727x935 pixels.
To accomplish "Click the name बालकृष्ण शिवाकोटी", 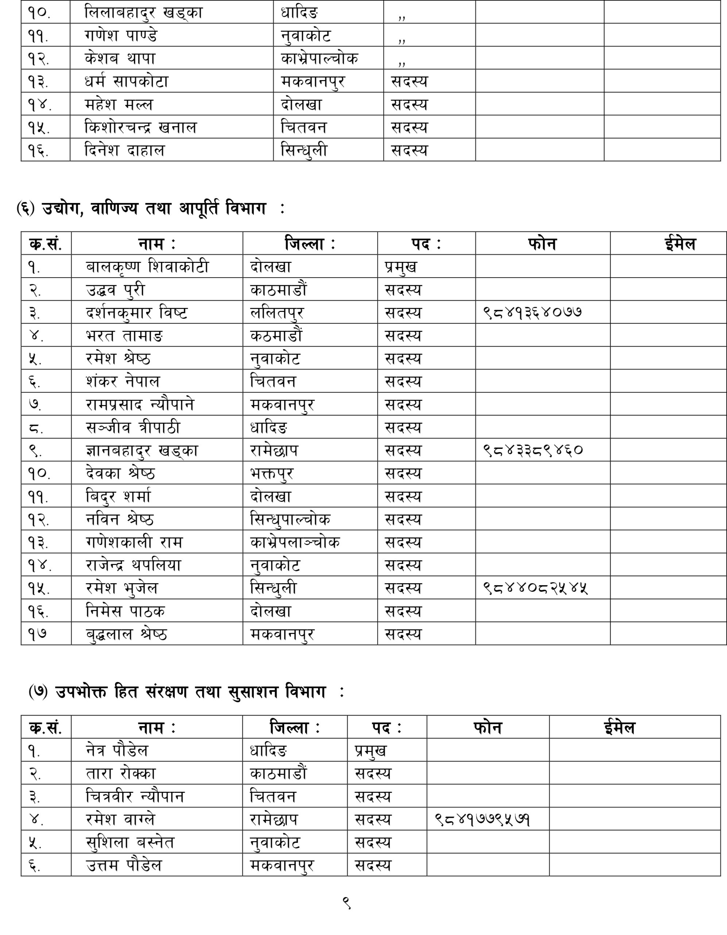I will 147,267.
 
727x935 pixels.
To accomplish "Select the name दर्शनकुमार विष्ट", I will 136,313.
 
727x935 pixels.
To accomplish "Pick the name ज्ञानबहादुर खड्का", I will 142,450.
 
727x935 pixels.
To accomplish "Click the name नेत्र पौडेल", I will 117,751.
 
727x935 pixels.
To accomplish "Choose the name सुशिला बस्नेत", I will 130,843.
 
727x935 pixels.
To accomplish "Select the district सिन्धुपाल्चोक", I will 290,519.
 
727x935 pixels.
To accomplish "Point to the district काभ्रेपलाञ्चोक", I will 295,542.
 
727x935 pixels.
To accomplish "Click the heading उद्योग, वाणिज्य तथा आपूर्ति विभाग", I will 154,209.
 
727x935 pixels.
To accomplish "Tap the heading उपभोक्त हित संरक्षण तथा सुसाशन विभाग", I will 190,692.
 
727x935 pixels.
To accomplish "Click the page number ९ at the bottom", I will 347,903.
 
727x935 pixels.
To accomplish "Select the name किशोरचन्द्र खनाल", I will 141,127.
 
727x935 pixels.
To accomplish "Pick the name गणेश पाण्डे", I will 121,35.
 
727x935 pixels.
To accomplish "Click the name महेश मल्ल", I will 119,104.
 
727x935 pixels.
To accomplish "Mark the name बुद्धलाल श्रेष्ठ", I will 126,634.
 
